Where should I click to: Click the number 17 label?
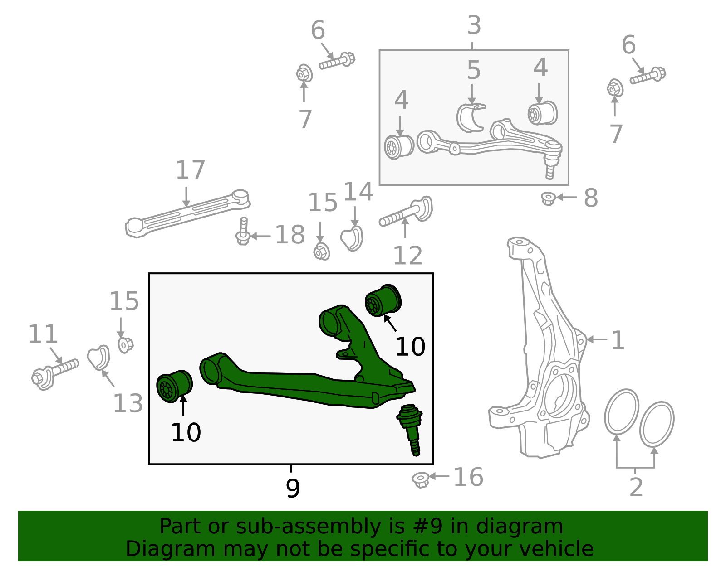coord(191,170)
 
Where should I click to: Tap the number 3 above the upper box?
coord(474,25)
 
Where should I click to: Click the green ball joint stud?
coord(411,428)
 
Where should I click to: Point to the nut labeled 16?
coord(421,479)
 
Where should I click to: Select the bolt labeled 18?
coord(243,232)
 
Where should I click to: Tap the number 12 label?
coord(407,256)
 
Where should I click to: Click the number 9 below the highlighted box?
coord(293,489)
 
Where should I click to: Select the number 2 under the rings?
coord(636,488)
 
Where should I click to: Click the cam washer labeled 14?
coord(352,238)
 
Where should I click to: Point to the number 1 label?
coord(618,340)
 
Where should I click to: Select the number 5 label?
coord(473,71)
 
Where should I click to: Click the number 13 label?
coord(128,403)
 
